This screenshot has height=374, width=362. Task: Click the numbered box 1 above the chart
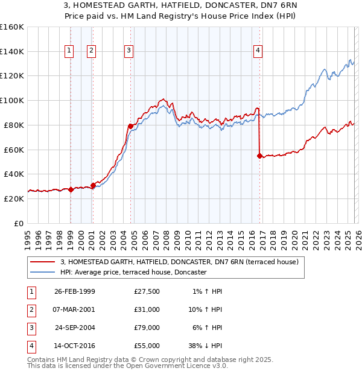pos(70,51)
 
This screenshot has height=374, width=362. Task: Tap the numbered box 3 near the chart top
pos(129,51)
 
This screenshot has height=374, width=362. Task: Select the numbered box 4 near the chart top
pos(258,51)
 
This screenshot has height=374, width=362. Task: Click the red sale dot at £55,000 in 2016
pos(260,156)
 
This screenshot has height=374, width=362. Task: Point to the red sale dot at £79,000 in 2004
pos(130,126)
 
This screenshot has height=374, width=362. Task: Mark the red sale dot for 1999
pos(71,189)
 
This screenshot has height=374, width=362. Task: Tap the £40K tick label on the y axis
pos(14,174)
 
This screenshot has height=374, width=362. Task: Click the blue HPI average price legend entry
pos(133,273)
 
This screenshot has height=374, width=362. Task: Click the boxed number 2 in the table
pos(30,309)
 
